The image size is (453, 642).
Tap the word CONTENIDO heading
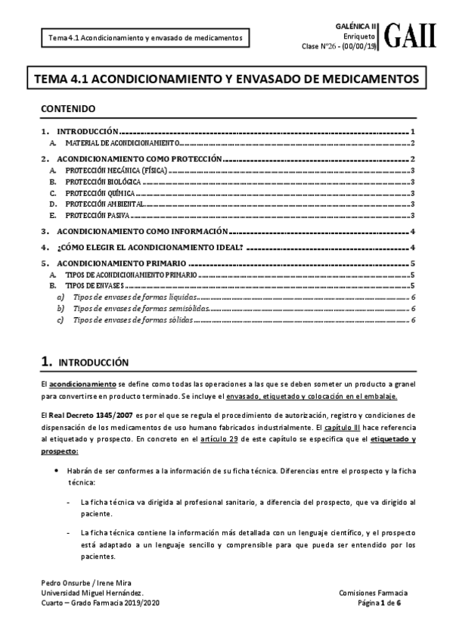point(68,108)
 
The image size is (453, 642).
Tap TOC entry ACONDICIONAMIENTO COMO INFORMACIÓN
point(143,232)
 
